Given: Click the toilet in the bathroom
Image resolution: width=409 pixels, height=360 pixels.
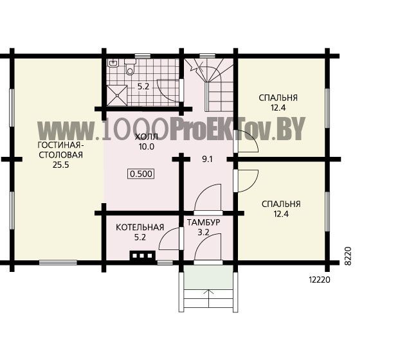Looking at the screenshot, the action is (x=130, y=66).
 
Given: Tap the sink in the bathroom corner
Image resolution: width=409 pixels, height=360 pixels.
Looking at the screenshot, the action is (x=113, y=63).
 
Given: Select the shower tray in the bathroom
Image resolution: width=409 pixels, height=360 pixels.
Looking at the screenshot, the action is (x=117, y=95).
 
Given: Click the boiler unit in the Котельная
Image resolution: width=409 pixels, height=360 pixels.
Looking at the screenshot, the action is (x=143, y=255).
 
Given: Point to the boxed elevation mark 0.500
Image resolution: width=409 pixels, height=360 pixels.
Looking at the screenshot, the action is (x=141, y=174).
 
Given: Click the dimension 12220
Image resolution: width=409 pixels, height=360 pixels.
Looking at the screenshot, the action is (x=320, y=280).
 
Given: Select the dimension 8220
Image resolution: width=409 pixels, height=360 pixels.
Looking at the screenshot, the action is (x=348, y=256).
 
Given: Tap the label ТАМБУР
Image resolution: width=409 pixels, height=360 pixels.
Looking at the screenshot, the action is (x=203, y=222).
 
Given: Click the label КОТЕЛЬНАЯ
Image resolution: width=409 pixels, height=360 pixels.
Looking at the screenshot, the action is (x=140, y=228).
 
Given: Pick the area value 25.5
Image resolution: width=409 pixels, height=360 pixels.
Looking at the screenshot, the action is (x=61, y=165).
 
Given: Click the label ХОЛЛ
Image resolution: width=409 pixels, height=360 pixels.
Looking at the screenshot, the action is (x=147, y=136).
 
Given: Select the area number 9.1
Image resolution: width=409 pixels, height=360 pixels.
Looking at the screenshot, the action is (x=207, y=159).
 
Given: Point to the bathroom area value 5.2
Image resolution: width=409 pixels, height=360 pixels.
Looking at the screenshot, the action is (x=143, y=87).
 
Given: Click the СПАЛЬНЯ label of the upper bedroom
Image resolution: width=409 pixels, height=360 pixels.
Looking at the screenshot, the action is (x=278, y=98).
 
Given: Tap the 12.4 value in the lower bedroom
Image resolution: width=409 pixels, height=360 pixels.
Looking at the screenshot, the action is (x=281, y=214).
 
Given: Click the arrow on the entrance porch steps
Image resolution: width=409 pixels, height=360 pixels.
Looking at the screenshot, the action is (x=208, y=299).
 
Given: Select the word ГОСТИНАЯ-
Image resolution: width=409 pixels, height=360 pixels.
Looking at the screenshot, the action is (x=61, y=145).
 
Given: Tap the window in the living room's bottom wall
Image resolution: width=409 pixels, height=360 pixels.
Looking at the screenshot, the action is (x=58, y=262).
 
